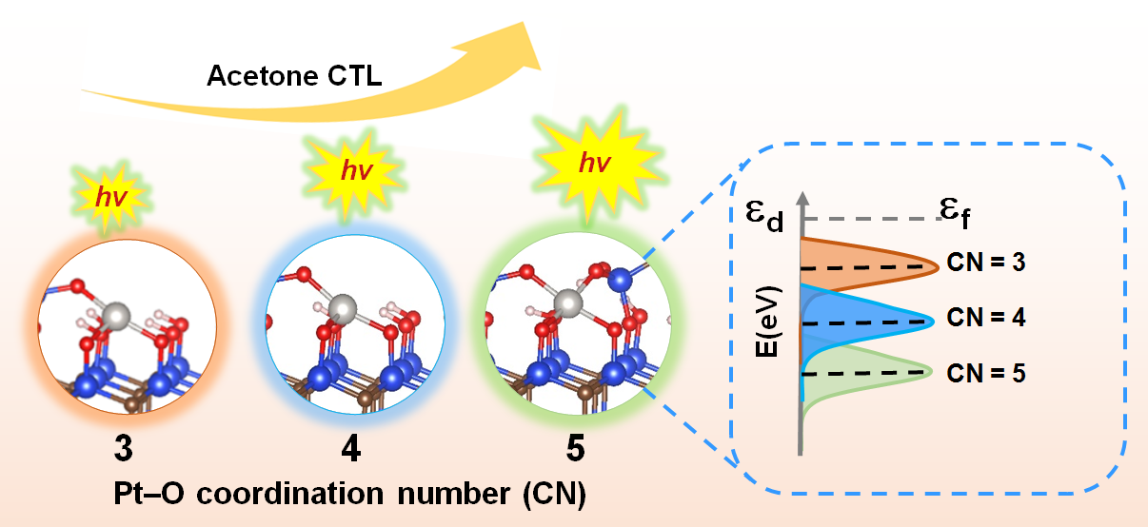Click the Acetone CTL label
coord(294,76)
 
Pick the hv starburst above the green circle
coord(596,164)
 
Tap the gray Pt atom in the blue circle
coord(342,309)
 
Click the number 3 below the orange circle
coord(124,448)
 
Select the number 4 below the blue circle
coord(351,448)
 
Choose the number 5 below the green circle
coord(576,448)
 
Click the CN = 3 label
coord(986,263)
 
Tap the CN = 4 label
coord(986,318)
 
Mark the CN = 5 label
coord(986,373)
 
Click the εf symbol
coord(955,212)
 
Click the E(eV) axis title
coord(767,322)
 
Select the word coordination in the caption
coord(290,494)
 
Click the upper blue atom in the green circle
coord(621,280)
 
